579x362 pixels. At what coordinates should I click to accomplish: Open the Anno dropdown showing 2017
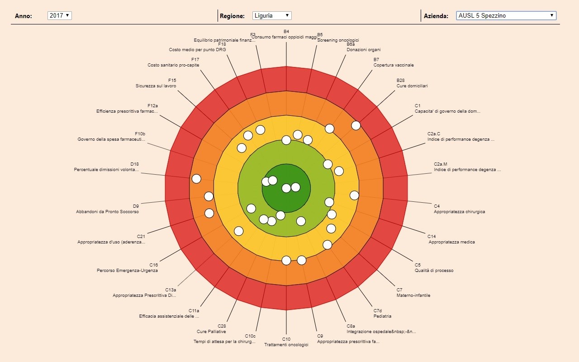coord(60,15)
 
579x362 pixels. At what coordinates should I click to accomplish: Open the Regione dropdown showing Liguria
coord(272,15)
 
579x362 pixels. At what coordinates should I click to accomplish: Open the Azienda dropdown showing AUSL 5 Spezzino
coord(506,15)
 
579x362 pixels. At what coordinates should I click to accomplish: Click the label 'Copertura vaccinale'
coord(394,65)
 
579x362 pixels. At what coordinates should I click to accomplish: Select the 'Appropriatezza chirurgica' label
coord(459,212)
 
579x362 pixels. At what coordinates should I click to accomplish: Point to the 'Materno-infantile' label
coord(413,295)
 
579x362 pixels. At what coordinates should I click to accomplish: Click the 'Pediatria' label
coord(382,316)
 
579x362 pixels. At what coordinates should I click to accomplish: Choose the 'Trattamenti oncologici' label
coord(286,345)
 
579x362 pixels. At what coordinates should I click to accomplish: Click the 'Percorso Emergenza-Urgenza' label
coord(127,271)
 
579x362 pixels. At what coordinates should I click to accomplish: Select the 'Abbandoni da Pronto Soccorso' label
coord(108,212)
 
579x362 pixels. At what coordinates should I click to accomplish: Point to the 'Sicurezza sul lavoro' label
coord(156,86)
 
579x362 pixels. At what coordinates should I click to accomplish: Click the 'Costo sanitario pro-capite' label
coord(173,65)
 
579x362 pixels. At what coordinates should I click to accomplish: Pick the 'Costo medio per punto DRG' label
coord(198,50)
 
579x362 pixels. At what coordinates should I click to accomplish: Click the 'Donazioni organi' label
coord(364,50)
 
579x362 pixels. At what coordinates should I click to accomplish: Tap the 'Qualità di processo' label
coord(434,271)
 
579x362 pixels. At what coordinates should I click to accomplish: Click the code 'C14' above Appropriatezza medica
coord(432,236)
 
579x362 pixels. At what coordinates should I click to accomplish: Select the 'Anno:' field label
coord(24,16)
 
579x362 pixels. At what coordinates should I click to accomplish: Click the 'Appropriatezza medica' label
coord(452,242)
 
